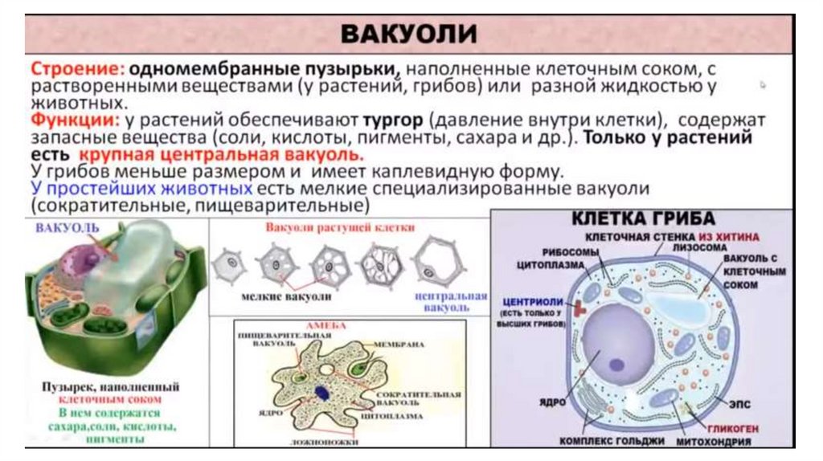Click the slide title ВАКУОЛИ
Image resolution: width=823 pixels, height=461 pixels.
pos(409,35)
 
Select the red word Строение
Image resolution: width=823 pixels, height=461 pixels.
pos(63,68)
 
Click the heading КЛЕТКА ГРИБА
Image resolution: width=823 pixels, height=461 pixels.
pos(643,218)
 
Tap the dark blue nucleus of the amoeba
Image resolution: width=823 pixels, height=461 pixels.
pos(322,393)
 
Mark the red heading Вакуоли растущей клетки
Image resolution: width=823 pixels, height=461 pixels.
pos(341,227)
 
